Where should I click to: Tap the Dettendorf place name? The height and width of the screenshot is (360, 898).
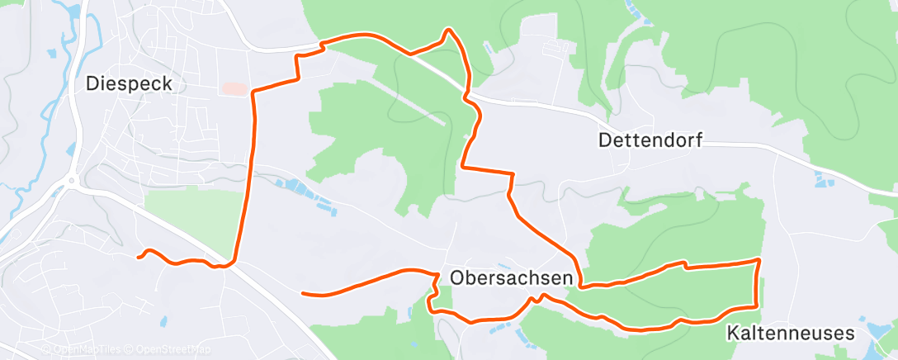[x=650, y=140]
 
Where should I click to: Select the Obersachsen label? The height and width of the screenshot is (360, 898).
[x=511, y=277]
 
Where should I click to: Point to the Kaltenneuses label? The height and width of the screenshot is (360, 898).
[x=790, y=333]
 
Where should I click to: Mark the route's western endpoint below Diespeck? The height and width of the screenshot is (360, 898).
[x=139, y=258]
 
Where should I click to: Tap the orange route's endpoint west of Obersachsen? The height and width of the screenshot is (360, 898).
[x=304, y=293]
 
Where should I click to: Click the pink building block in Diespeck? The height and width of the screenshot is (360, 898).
[x=234, y=88]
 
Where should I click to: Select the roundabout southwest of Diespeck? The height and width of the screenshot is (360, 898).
[x=72, y=180]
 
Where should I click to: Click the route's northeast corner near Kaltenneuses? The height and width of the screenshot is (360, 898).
[x=758, y=260]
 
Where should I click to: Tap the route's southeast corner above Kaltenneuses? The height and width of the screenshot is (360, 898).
[x=756, y=306]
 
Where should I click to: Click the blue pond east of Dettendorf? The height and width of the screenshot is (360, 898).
[x=822, y=178]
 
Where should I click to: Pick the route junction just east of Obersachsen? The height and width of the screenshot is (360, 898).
[x=583, y=287]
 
